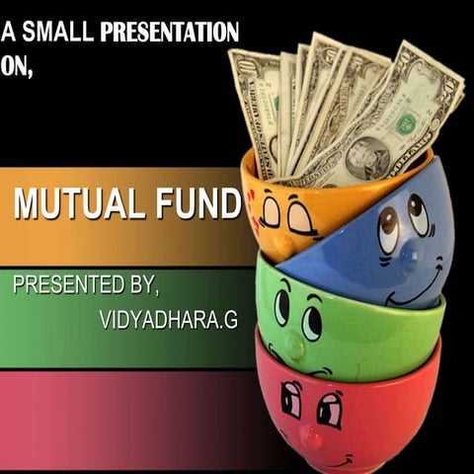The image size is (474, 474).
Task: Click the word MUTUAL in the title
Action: (79, 204)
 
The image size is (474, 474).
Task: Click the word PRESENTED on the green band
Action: (67, 286)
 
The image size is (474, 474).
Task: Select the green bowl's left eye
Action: (281, 307)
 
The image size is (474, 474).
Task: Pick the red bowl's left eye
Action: (291, 399)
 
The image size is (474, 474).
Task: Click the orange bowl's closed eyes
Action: (283, 213)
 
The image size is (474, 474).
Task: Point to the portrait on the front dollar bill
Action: (366, 156)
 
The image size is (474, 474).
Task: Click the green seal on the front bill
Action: (406, 124)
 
